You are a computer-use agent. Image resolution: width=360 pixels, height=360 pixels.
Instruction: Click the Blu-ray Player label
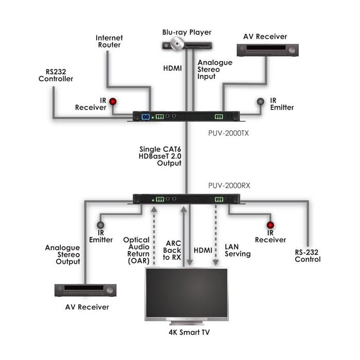pos(187,32)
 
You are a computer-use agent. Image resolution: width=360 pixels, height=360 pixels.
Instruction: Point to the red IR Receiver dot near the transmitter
pos(112,101)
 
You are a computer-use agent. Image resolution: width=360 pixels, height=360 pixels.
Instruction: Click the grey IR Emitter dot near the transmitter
pos(261,101)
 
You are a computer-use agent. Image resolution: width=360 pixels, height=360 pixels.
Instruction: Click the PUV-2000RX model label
pos(229,186)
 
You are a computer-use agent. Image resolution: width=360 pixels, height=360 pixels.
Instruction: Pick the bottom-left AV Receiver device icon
pos(85,290)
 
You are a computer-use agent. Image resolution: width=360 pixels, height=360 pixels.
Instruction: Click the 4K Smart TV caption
pos(189,332)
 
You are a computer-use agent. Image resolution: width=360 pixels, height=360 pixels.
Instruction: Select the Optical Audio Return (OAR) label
pos(136,250)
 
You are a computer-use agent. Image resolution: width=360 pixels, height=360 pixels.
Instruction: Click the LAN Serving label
pos(237,250)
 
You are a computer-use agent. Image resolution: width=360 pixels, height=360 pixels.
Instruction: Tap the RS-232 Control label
pos(308,256)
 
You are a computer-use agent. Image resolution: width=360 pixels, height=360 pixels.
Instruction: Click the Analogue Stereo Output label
pos(62,255)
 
